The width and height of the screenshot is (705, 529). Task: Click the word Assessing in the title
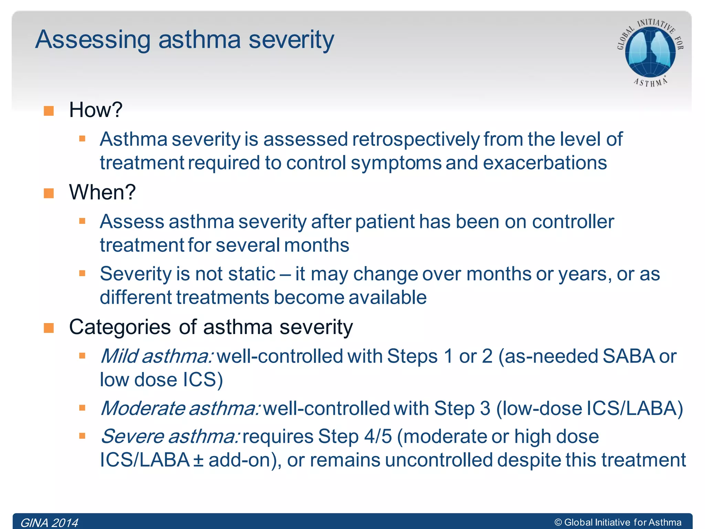93,40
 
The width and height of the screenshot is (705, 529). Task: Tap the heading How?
96,110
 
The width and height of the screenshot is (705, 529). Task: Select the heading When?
102,192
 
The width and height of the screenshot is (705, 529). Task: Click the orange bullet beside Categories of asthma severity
49,328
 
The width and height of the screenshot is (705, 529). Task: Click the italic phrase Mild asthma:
157,356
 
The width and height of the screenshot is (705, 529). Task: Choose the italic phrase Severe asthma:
170,437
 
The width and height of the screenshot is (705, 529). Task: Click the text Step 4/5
355,437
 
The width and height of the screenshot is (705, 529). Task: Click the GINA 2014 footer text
49,522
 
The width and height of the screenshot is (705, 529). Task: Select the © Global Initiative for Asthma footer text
618,522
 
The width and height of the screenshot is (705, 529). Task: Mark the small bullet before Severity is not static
82,273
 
